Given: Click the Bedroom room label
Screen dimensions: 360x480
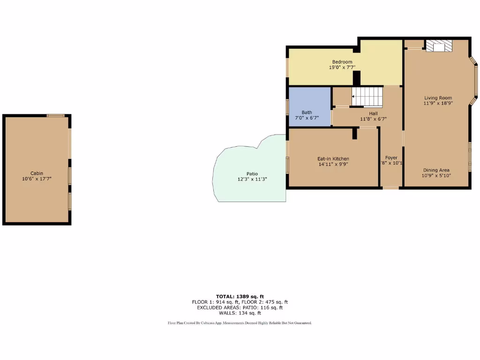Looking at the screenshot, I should coord(342,62).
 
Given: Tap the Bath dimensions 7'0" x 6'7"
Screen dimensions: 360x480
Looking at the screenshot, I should coord(307,118).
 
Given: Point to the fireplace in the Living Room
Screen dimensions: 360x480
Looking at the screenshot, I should coord(439,46).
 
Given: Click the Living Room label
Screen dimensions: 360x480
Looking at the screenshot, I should coord(438,98).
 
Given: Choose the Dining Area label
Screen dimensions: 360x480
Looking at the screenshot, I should coord(436,170).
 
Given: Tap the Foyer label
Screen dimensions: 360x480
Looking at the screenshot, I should coord(391,157).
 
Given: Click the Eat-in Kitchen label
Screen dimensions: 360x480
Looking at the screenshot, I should coord(333,158).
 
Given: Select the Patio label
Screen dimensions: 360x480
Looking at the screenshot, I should coord(252,174).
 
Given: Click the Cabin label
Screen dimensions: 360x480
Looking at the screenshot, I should coord(37,173).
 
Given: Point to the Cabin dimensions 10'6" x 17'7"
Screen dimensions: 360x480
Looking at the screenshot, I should coord(37,179).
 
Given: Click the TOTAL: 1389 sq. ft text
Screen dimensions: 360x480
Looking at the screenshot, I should coord(240,296).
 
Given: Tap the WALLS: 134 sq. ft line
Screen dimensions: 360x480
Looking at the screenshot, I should coord(240,313).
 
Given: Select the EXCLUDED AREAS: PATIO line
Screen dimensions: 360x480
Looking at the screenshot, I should coord(240,307).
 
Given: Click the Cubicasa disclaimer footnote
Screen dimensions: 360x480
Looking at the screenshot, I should coord(240,323).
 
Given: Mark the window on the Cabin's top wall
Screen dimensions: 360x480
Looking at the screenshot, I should coord(55,115).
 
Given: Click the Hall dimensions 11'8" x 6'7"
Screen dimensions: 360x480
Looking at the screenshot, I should coord(373,119).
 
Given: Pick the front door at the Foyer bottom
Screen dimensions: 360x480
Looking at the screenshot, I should coord(391,187).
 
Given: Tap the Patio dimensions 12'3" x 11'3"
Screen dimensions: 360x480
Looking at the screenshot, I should coord(252,180).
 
